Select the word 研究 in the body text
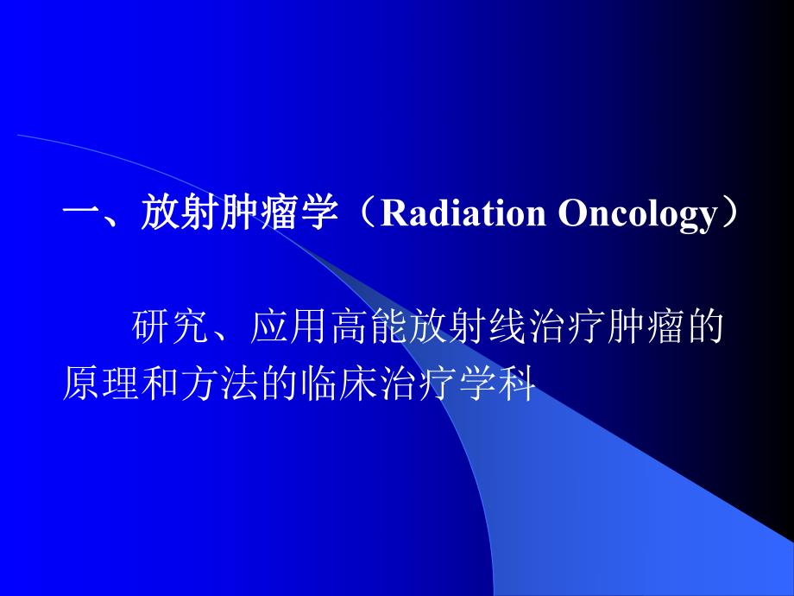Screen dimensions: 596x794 (173, 330)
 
